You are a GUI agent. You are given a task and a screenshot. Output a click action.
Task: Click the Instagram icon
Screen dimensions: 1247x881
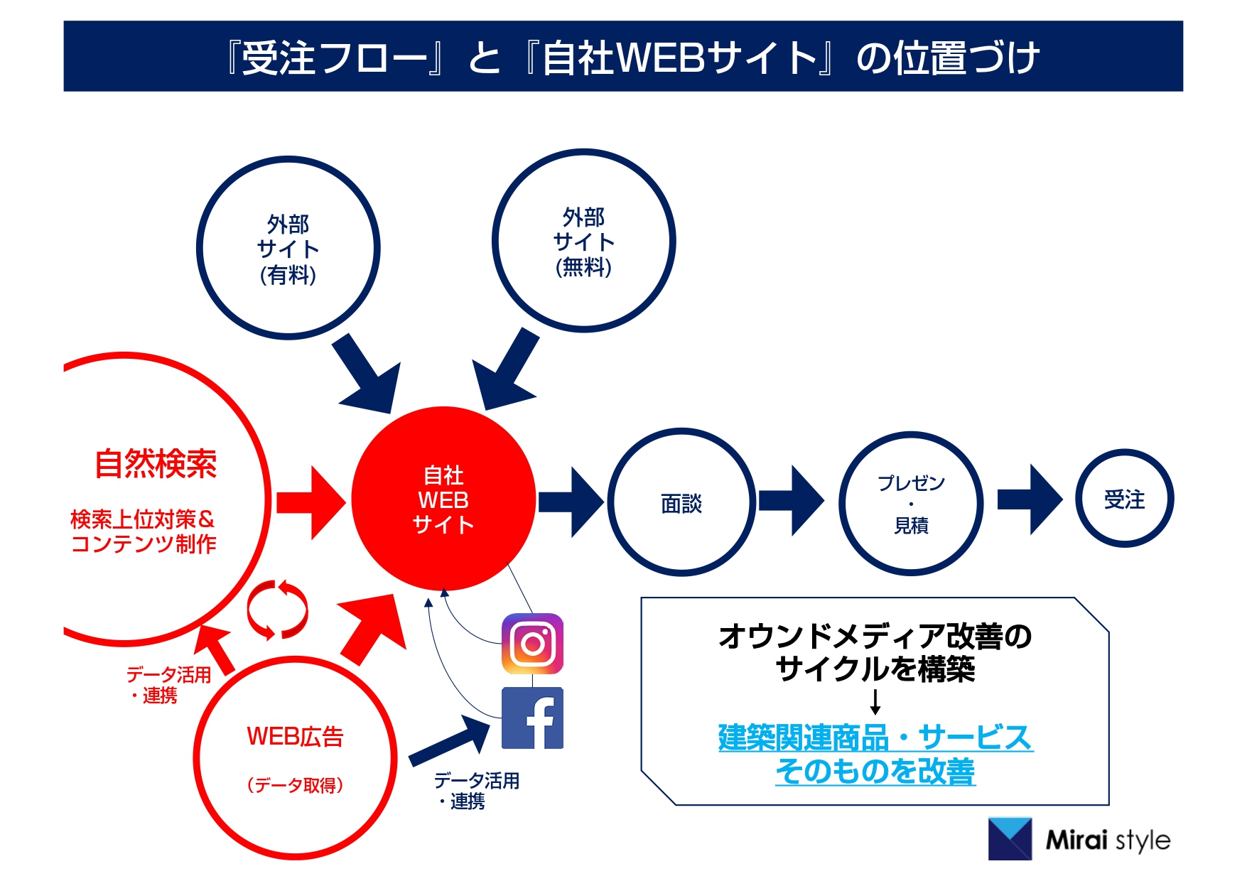click(x=532, y=644)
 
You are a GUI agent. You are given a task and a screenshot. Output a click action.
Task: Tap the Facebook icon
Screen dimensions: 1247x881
click(x=532, y=718)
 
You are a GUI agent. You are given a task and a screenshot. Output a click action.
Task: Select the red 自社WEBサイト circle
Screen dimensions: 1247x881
click(x=443, y=499)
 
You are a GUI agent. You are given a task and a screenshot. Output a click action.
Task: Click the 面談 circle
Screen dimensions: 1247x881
click(x=681, y=502)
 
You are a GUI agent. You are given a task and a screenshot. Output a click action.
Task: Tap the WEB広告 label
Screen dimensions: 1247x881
click(x=295, y=737)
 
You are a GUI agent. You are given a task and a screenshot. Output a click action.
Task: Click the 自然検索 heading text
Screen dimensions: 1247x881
click(x=156, y=464)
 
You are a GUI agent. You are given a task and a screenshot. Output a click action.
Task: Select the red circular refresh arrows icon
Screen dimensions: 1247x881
click(x=277, y=610)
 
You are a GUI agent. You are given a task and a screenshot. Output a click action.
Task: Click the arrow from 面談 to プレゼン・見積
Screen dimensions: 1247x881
click(x=791, y=501)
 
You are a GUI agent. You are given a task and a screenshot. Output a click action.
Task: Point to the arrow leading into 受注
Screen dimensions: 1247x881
click(x=1030, y=499)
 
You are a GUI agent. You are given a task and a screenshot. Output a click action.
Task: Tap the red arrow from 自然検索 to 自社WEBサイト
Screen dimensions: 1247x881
click(x=311, y=502)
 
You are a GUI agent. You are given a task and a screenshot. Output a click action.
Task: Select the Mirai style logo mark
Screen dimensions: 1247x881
click(x=1010, y=839)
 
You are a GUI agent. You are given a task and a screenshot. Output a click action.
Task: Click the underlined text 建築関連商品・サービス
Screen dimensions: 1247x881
click(x=875, y=737)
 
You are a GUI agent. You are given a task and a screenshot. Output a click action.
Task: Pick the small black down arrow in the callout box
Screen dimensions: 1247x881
click(x=875, y=701)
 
